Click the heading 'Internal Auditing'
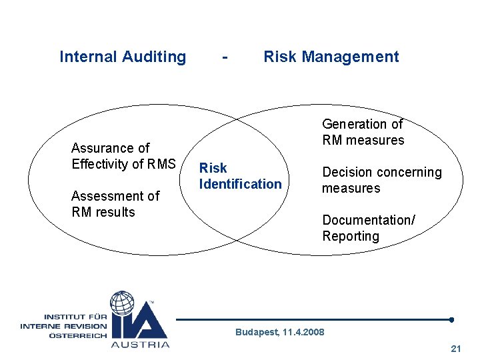[123, 57]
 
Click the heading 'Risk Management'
[331, 57]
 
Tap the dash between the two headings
[227, 57]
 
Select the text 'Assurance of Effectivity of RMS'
[123, 156]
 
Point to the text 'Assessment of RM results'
[115, 204]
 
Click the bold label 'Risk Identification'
[240, 176]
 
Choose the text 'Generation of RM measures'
[363, 132]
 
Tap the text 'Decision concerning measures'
[381, 180]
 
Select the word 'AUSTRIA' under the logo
[140, 345]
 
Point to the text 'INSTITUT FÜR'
[75, 316]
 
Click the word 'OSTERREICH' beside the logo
[77, 335]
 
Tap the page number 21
[456, 349]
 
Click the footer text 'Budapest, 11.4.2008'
[280, 332]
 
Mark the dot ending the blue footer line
[451, 319]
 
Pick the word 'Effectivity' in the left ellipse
[103, 164]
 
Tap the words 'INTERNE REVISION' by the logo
[63, 326]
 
